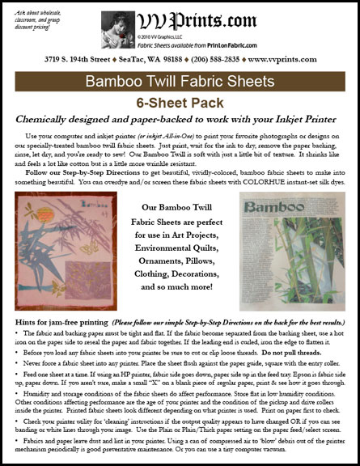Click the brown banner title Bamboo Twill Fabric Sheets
pos(180,83)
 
